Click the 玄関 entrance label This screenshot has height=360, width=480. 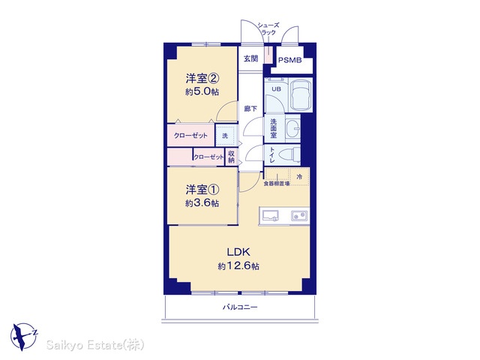pos(250,58)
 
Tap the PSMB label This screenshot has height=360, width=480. pos(289,60)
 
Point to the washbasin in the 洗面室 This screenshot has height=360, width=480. pos(292,128)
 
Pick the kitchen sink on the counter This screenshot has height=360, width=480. pos(270,216)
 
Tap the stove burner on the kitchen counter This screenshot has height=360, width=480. pos(299,216)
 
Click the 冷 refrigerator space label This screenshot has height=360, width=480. pos(299,177)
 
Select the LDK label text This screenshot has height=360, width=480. pos(238,252)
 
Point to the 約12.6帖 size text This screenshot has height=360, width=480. pos(238,266)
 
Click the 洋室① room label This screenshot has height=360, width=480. pos(202,190)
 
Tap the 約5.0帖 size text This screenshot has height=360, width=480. pos(202,91)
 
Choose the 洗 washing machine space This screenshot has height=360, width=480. pos(226,135)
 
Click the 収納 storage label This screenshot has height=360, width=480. pos(231,157)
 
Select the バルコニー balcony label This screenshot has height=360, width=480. pos(240,307)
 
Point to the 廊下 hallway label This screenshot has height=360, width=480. pos(250,109)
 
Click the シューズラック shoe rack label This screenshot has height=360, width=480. pos(268,28)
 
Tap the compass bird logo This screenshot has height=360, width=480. pos(24,337)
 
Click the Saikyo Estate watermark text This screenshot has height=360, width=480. pos(95,345)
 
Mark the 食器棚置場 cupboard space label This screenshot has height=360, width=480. pos(277,184)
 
